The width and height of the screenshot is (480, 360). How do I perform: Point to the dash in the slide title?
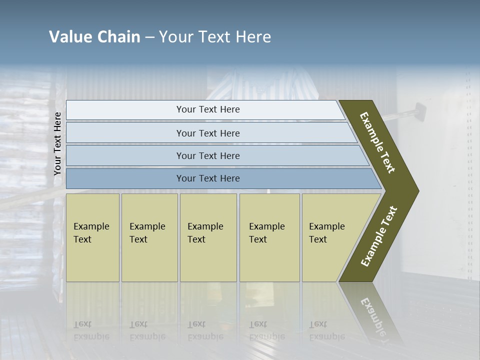[x=149, y=37]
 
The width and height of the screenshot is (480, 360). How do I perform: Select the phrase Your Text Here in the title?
[x=215, y=37]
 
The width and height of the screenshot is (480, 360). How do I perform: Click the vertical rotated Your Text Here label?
[x=57, y=143]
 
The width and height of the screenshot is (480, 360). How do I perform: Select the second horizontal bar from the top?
[x=207, y=133]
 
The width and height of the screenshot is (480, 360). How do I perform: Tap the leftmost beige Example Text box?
[x=92, y=237]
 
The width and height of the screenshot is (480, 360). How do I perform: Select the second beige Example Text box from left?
[x=149, y=237]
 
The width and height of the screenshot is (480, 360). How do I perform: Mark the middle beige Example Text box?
[x=208, y=237]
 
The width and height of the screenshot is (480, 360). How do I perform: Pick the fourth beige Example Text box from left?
[x=269, y=237]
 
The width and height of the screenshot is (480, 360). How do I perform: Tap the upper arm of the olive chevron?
[x=377, y=142]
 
